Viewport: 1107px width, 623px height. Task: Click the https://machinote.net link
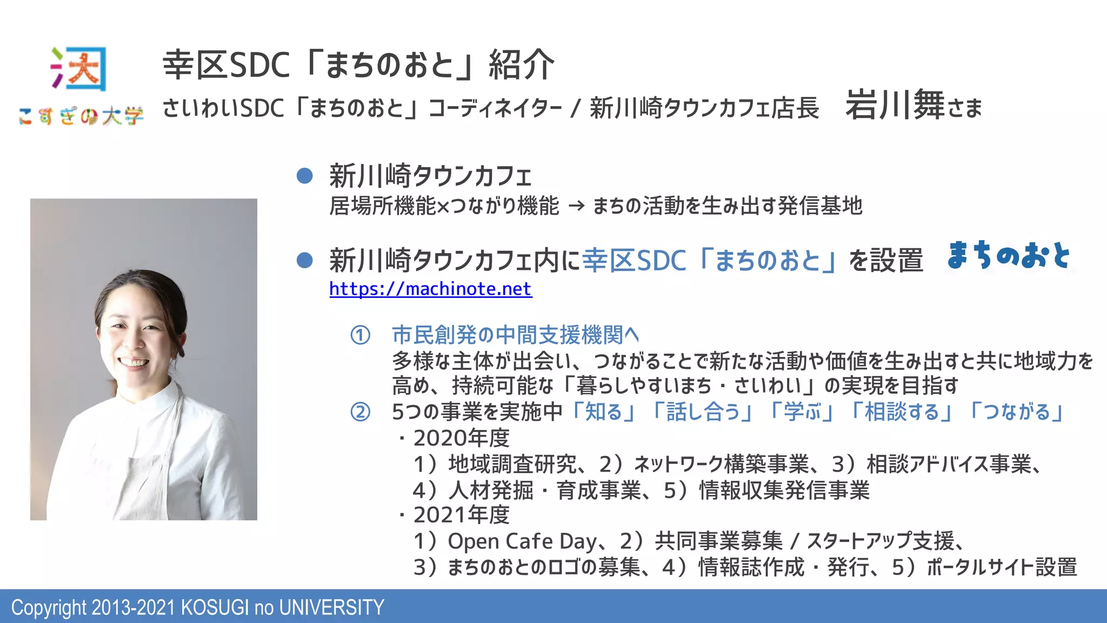[430, 289]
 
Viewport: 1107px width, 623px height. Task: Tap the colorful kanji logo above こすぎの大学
[79, 69]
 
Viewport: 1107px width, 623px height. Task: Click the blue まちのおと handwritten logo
[1009, 255]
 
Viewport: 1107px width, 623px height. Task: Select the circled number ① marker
[361, 335]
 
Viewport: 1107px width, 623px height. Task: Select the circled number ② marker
[361, 413]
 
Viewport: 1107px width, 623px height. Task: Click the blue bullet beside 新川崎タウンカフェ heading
[305, 176]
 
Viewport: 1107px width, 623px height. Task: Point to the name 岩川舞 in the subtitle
[895, 105]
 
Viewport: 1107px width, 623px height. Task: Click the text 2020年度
[461, 438]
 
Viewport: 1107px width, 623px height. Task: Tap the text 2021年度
[461, 515]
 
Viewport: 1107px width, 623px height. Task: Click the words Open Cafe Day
[522, 541]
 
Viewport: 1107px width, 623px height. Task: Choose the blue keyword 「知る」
[603, 412]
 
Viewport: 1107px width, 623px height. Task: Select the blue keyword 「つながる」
[1017, 412]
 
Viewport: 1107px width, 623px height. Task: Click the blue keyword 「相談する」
[902, 412]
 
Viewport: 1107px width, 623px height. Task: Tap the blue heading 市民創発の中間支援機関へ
[515, 335]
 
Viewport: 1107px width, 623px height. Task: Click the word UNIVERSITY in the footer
[331, 608]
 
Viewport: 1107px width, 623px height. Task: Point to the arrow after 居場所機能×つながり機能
[576, 206]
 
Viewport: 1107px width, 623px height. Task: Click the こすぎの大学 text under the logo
[81, 116]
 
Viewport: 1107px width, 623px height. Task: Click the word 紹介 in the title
[521, 65]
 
